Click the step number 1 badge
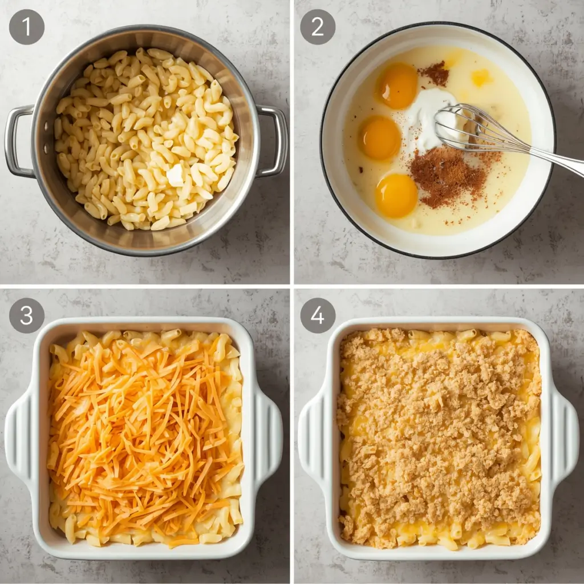point(27,27)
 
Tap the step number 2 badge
point(318,27)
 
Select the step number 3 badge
point(27,315)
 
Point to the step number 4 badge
point(318,315)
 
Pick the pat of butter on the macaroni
point(175,175)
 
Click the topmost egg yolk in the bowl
point(398,86)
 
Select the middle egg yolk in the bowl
point(380,138)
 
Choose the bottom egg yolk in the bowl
point(396,196)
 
